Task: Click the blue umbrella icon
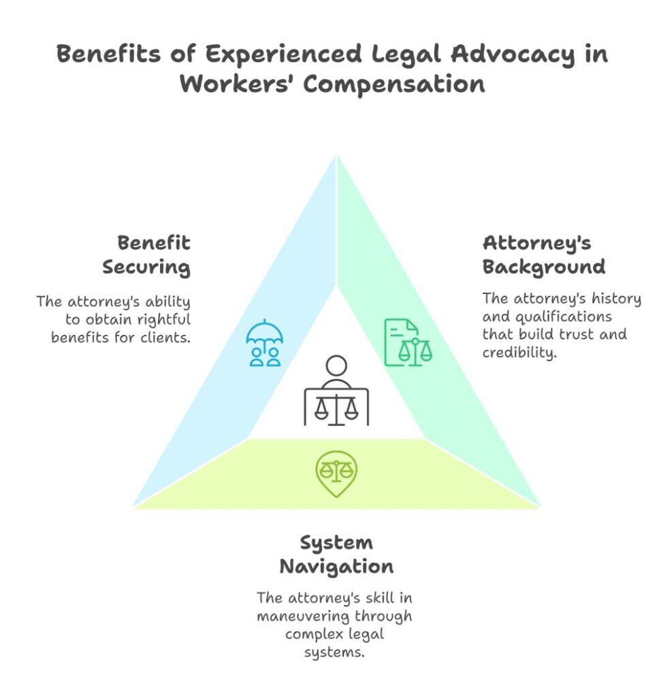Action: (265, 342)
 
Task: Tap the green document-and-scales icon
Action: (408, 343)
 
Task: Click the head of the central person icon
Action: (336, 366)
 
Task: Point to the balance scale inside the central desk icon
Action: (336, 408)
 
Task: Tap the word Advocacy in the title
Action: (513, 54)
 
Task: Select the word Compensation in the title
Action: (394, 84)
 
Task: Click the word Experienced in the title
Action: (283, 54)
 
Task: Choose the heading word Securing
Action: (146, 267)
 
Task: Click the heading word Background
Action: (544, 267)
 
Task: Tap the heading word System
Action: (336, 543)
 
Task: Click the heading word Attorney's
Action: (536, 243)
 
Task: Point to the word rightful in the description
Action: (163, 320)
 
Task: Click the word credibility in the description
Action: (519, 353)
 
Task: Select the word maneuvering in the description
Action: (303, 616)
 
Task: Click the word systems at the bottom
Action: (334, 653)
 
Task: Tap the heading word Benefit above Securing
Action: (154, 243)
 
